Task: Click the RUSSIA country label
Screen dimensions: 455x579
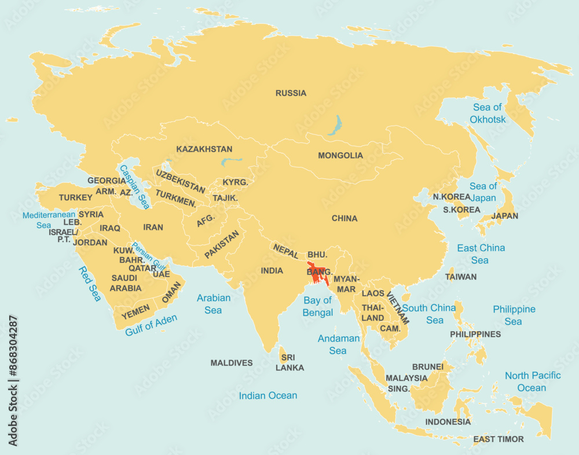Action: (291, 93)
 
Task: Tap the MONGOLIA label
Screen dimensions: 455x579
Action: (340, 155)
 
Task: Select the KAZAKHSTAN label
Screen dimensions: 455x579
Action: (204, 149)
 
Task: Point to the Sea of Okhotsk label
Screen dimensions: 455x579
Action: (488, 113)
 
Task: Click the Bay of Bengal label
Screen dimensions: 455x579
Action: (318, 306)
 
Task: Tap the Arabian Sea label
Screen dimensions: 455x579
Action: (213, 304)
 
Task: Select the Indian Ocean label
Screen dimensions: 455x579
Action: (268, 395)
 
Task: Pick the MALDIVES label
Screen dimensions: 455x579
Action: (231, 363)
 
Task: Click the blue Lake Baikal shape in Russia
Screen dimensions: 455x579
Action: (334, 125)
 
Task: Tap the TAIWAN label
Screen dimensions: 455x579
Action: (461, 277)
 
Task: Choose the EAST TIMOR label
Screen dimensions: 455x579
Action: (498, 439)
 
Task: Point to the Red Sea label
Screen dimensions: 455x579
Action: (90, 284)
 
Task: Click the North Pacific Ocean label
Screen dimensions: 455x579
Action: (532, 381)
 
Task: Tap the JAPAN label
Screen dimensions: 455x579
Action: (504, 216)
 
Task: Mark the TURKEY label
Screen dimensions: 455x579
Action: (75, 197)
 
